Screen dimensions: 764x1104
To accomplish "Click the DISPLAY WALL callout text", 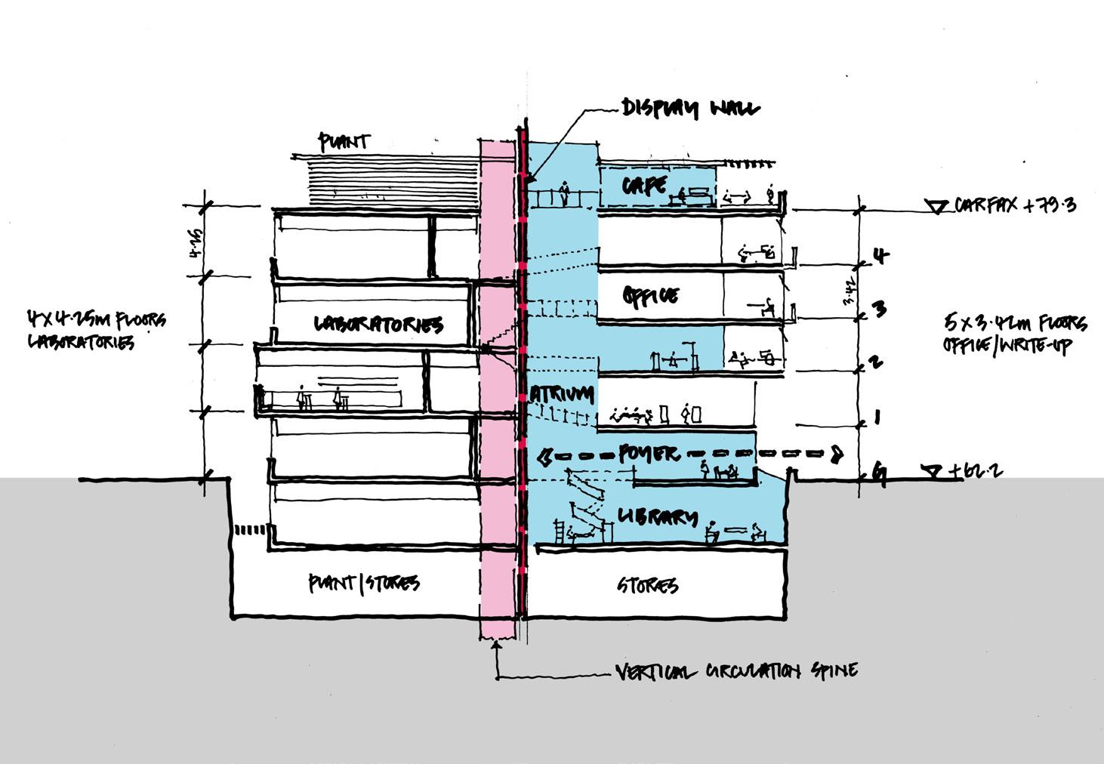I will click(690, 108).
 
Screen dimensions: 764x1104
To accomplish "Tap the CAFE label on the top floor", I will click(645, 184).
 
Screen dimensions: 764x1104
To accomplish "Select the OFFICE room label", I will click(651, 295).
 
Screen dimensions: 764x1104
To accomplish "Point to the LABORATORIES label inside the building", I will click(378, 325).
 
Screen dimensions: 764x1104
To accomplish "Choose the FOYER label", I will click(649, 453).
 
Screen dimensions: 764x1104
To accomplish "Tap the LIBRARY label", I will click(657, 517).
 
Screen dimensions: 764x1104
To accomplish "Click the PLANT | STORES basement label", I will click(363, 583).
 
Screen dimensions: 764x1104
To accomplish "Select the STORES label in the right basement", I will click(648, 585).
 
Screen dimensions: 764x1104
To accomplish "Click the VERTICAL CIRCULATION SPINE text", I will click(736, 670).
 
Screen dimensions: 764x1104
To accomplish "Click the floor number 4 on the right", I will click(880, 256).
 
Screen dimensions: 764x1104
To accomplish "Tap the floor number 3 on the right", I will click(878, 308).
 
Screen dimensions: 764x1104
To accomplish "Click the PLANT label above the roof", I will click(344, 141).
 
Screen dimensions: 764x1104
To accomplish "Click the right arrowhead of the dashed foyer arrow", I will click(836, 454).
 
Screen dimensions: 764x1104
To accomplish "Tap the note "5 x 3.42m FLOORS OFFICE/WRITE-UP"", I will click(1015, 334).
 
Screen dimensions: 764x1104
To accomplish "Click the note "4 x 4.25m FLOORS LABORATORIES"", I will click(97, 330).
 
